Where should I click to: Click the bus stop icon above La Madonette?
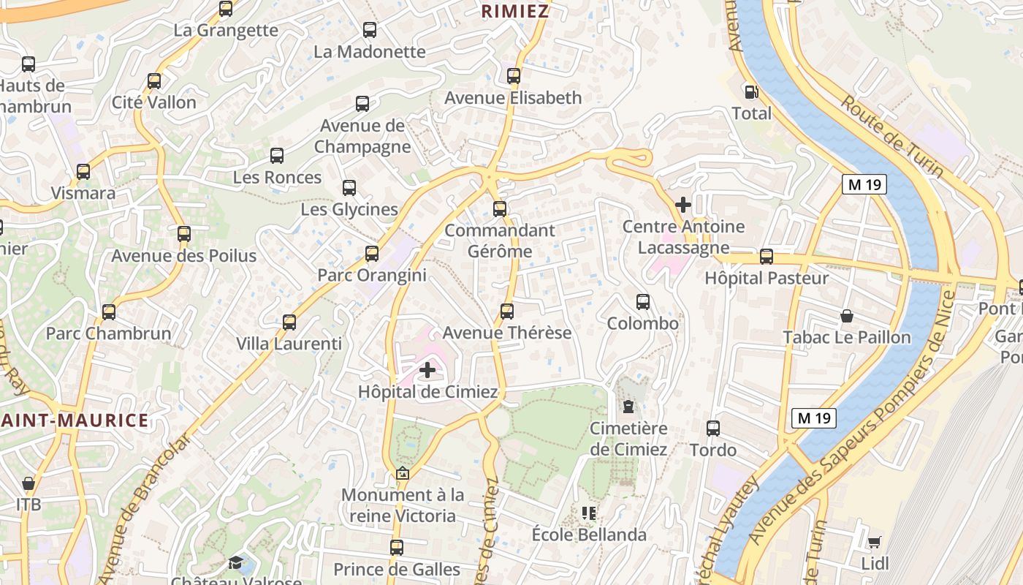click(x=370, y=30)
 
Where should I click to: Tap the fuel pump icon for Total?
click(x=751, y=92)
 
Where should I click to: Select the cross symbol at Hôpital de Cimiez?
click(x=427, y=371)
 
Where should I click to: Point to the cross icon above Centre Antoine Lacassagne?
click(x=683, y=205)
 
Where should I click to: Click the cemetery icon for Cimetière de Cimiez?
click(x=628, y=407)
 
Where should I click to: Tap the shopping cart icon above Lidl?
click(x=874, y=542)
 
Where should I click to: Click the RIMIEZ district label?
click(x=515, y=11)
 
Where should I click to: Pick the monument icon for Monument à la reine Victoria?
click(x=402, y=474)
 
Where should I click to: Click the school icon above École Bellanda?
click(x=589, y=513)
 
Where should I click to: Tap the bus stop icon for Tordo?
click(x=713, y=429)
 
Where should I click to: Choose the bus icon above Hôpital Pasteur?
click(x=767, y=257)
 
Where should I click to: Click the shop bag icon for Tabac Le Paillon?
click(x=847, y=316)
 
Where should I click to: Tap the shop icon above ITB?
click(x=28, y=483)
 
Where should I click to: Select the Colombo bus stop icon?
click(x=643, y=302)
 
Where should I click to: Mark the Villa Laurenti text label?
click(x=289, y=344)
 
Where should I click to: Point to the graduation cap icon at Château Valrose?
click(x=235, y=562)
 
